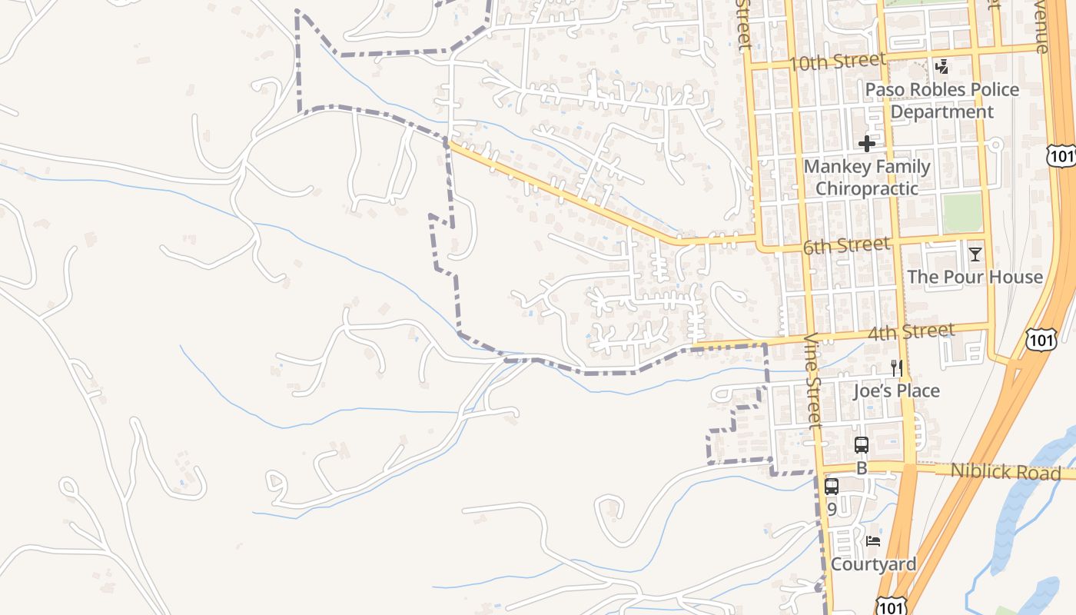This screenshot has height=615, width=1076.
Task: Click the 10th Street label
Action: click(x=838, y=61)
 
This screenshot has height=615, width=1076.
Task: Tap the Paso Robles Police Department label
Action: click(x=941, y=101)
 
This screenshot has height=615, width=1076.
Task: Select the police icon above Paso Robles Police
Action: click(x=941, y=67)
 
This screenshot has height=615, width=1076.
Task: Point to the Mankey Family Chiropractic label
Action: click(x=867, y=178)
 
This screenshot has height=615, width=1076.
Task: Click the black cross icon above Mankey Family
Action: click(x=867, y=144)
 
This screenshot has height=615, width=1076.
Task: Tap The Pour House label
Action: click(x=975, y=277)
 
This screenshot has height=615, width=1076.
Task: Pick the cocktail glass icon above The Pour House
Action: click(x=975, y=254)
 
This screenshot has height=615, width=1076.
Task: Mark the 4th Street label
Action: click(x=911, y=333)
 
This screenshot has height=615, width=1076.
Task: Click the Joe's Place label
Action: click(x=896, y=391)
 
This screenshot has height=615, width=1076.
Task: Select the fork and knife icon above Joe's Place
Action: click(x=896, y=368)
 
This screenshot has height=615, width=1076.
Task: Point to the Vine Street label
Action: click(x=812, y=380)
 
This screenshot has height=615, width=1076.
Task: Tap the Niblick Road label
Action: click(x=1005, y=471)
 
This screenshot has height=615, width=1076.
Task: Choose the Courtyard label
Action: click(x=873, y=564)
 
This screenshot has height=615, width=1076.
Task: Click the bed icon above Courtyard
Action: click(x=873, y=541)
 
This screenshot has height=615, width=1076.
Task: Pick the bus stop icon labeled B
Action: click(x=862, y=444)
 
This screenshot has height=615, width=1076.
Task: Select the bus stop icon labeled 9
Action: click(x=832, y=486)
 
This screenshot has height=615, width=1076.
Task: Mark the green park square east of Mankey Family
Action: click(x=962, y=212)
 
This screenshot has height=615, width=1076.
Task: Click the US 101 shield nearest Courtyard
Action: click(x=891, y=607)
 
